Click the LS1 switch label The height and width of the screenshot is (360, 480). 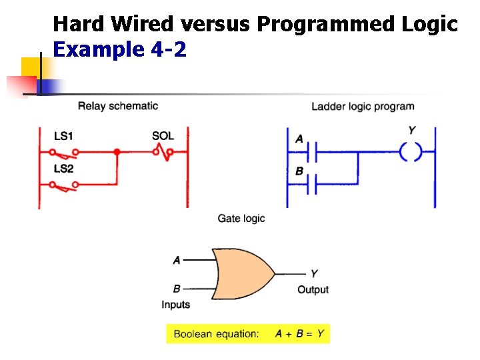pyautogui.click(x=63, y=136)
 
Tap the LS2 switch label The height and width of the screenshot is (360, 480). pyautogui.click(x=64, y=169)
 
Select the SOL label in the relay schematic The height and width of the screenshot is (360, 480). pyautogui.click(x=163, y=135)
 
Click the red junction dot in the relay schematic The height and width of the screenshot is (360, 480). pyautogui.click(x=117, y=151)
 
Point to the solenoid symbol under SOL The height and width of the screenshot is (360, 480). pyautogui.click(x=163, y=152)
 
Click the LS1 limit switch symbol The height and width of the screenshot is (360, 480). pyautogui.click(x=64, y=154)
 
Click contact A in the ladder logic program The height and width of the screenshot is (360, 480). pyautogui.click(x=312, y=152)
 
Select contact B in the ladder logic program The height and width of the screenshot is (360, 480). pyautogui.click(x=312, y=184)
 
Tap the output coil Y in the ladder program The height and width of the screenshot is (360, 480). pyautogui.click(x=411, y=151)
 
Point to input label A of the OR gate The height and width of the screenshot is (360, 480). pyautogui.click(x=177, y=260)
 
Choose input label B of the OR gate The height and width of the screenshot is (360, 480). pyautogui.click(x=177, y=289)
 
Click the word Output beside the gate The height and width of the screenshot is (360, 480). pyautogui.click(x=313, y=289)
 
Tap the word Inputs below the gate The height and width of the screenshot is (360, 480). pyautogui.click(x=176, y=305)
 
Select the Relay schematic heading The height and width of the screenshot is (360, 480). pyautogui.click(x=118, y=106)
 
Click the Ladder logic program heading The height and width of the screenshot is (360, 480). pyautogui.click(x=363, y=107)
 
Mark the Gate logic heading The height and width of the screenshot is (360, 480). pyautogui.click(x=241, y=219)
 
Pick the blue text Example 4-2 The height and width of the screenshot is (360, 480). pyautogui.click(x=120, y=49)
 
